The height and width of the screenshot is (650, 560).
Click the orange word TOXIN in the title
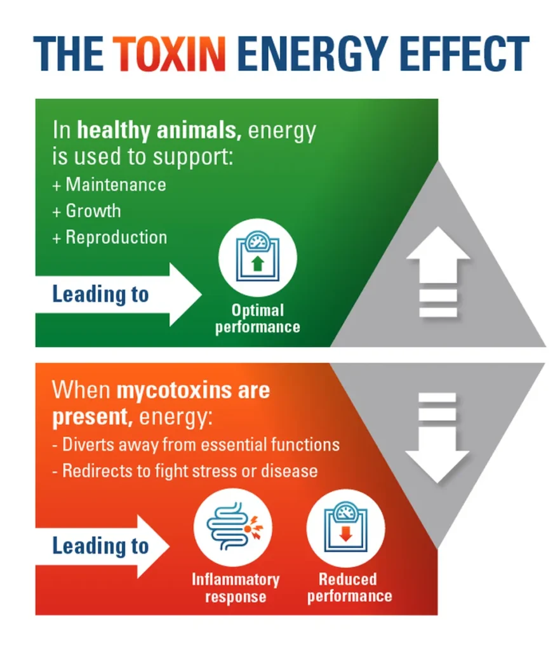(169, 53)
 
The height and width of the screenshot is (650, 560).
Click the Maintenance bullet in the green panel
(109, 185)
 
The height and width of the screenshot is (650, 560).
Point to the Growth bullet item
(86, 211)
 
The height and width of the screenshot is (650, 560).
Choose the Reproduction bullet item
(110, 237)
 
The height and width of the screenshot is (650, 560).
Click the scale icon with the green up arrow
(257, 258)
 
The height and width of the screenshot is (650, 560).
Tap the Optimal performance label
(257, 319)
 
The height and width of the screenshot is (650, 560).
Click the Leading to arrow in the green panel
(119, 295)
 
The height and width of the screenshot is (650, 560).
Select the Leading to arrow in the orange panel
(102, 546)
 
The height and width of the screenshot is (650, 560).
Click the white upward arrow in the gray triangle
(438, 272)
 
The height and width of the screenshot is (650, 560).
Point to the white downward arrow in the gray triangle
(437, 438)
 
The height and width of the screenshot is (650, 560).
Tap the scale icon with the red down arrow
(345, 527)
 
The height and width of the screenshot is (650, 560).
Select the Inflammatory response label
(236, 588)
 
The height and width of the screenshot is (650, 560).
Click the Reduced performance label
(349, 587)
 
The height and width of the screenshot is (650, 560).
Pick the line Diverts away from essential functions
(196, 445)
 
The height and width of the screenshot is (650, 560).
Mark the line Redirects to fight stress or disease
(185, 471)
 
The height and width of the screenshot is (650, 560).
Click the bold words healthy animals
(159, 130)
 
